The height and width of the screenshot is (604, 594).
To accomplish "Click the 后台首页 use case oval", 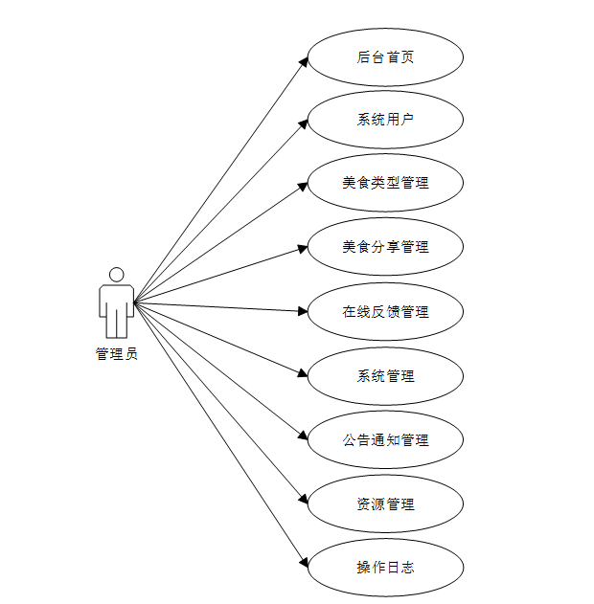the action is coord(385,56).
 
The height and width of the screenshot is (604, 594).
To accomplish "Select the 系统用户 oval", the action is coord(385,120).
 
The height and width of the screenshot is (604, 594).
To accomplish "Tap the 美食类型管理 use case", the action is coord(385,183).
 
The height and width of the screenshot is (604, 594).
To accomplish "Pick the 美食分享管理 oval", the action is coord(385,247).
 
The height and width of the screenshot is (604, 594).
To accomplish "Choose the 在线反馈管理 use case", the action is coord(385,311).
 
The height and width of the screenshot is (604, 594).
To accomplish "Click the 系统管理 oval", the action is coord(385,376).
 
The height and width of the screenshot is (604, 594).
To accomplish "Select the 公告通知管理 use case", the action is coord(385,440).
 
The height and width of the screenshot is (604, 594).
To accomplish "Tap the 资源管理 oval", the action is coord(385,503).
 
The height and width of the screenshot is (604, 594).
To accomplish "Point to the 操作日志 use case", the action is coord(385,568).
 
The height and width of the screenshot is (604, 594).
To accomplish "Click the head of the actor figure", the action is coord(116,275).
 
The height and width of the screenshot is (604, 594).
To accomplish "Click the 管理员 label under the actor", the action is coord(116,354).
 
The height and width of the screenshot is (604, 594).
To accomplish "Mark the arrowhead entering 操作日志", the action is coord(303,562).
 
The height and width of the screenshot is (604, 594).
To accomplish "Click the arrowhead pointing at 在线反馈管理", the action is coord(302,310).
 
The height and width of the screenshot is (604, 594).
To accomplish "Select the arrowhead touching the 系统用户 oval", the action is coord(303,123).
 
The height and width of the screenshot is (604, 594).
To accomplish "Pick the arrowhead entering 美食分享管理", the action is coord(303,248).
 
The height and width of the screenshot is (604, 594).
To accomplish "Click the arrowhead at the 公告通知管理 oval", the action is coord(303,436).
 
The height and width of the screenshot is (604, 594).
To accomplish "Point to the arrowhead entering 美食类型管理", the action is coord(303,186).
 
